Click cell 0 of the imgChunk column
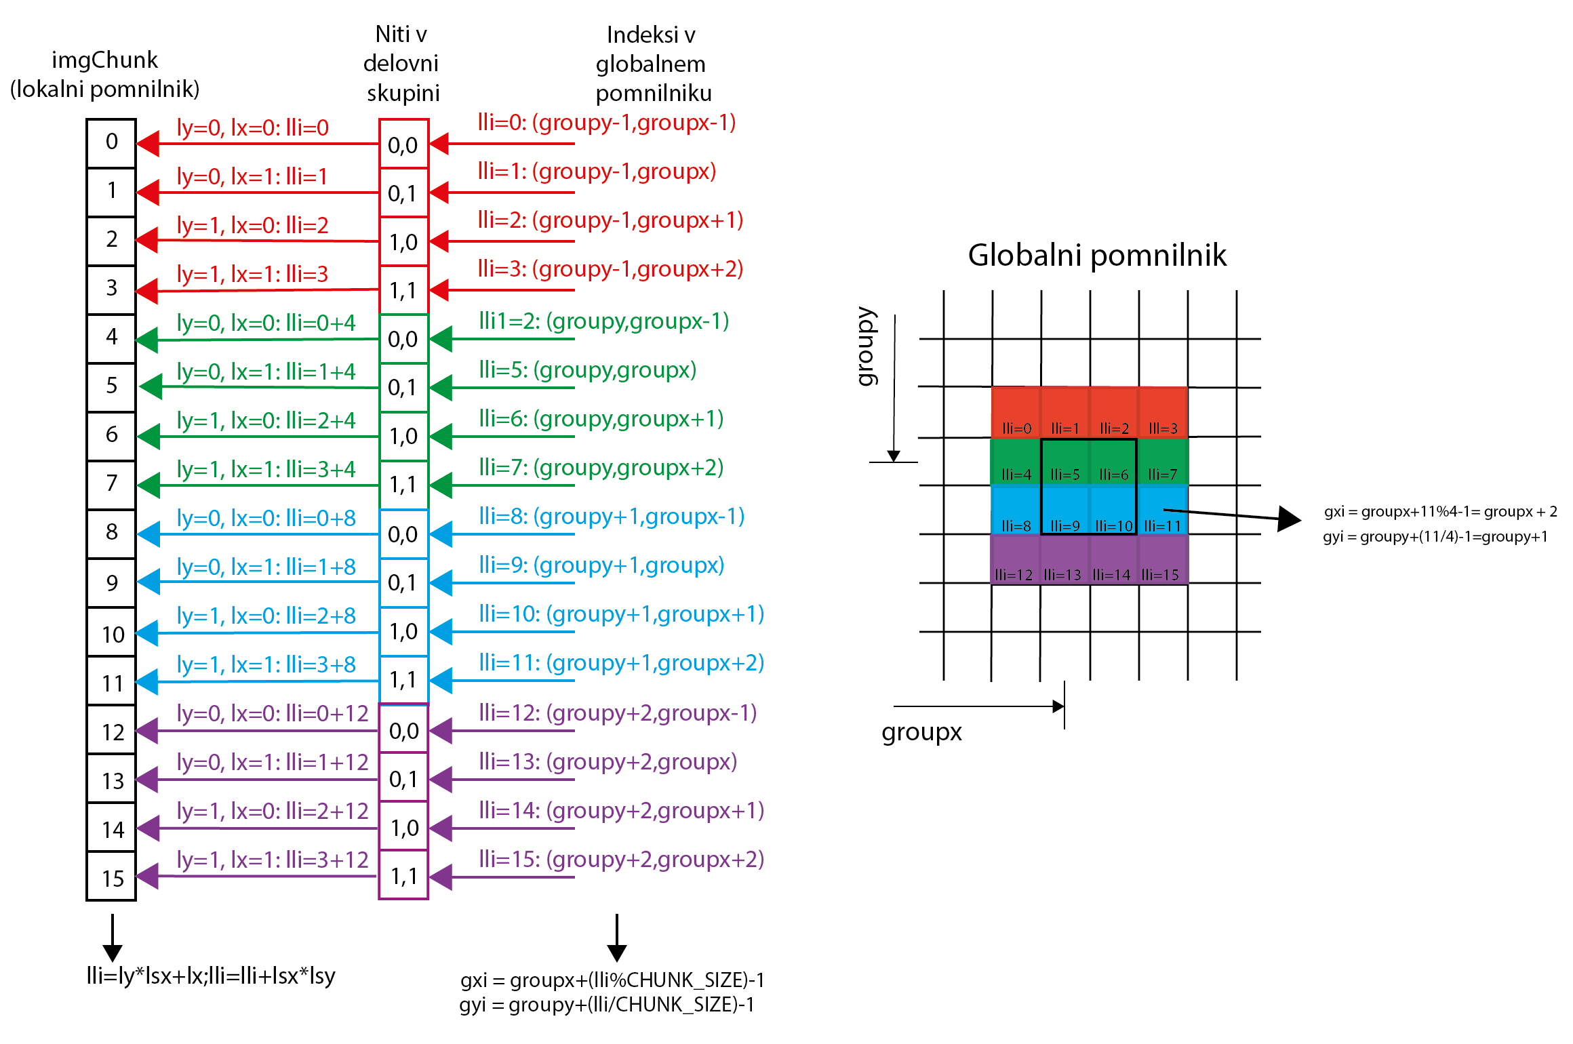tap(112, 143)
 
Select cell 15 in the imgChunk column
tap(112, 877)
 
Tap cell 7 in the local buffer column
tap(112, 485)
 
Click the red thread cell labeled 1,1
tap(403, 290)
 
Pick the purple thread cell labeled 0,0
tap(403, 729)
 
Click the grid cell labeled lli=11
tap(1163, 510)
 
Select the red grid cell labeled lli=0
tap(1016, 412)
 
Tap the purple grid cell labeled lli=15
tap(1163, 559)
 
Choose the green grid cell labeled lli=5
tap(1064, 462)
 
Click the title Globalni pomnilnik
tap(1097, 256)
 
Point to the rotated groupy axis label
tap(866, 346)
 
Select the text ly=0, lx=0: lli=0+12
tap(273, 713)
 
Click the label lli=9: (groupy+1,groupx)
tap(601, 565)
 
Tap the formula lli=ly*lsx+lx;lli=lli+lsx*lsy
tap(211, 976)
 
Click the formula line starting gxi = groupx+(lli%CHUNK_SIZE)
tap(612, 980)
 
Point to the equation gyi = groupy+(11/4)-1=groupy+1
tap(1435, 537)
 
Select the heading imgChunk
tap(104, 61)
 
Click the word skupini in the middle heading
tap(403, 94)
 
